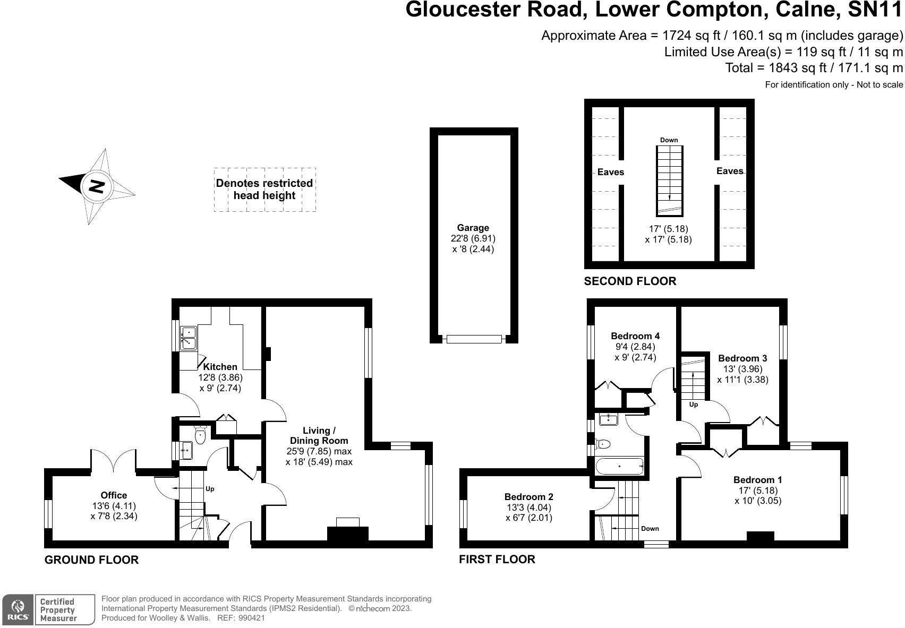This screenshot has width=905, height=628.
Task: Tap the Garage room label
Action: point(473,228)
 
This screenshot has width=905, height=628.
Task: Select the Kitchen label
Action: point(220,367)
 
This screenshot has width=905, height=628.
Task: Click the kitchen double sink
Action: point(188,338)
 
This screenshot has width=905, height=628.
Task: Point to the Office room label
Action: point(114,495)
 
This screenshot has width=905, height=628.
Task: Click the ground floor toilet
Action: point(200,435)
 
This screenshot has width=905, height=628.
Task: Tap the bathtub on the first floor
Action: point(619,466)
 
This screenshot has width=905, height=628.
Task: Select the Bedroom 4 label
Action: point(635,336)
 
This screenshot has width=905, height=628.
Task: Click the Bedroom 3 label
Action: point(742,358)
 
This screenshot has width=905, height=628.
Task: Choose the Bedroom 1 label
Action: point(757,480)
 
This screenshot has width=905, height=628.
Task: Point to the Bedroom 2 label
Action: point(528,497)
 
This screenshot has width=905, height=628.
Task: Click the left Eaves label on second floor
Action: point(610,172)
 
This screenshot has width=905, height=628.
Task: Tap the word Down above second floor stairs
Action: point(669,140)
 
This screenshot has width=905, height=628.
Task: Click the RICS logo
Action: point(18,610)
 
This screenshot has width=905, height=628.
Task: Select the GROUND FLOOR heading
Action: point(91,560)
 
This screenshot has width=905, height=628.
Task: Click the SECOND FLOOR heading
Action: point(630,281)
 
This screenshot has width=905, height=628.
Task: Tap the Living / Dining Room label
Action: point(319,436)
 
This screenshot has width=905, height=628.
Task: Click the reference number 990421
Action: point(251,618)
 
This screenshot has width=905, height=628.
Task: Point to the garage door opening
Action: point(474,339)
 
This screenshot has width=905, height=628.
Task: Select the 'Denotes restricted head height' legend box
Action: point(264,190)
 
